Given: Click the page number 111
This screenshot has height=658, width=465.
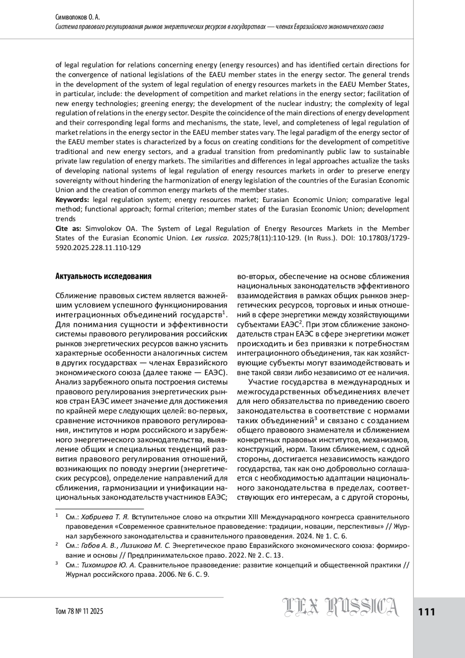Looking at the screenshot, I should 427,612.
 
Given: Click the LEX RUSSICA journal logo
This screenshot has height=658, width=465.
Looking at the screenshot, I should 341,607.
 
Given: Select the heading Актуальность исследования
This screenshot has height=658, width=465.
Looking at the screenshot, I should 103,276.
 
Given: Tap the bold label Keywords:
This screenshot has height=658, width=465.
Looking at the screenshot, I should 72,200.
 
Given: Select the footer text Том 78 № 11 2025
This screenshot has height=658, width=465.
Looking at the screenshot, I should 79,611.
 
